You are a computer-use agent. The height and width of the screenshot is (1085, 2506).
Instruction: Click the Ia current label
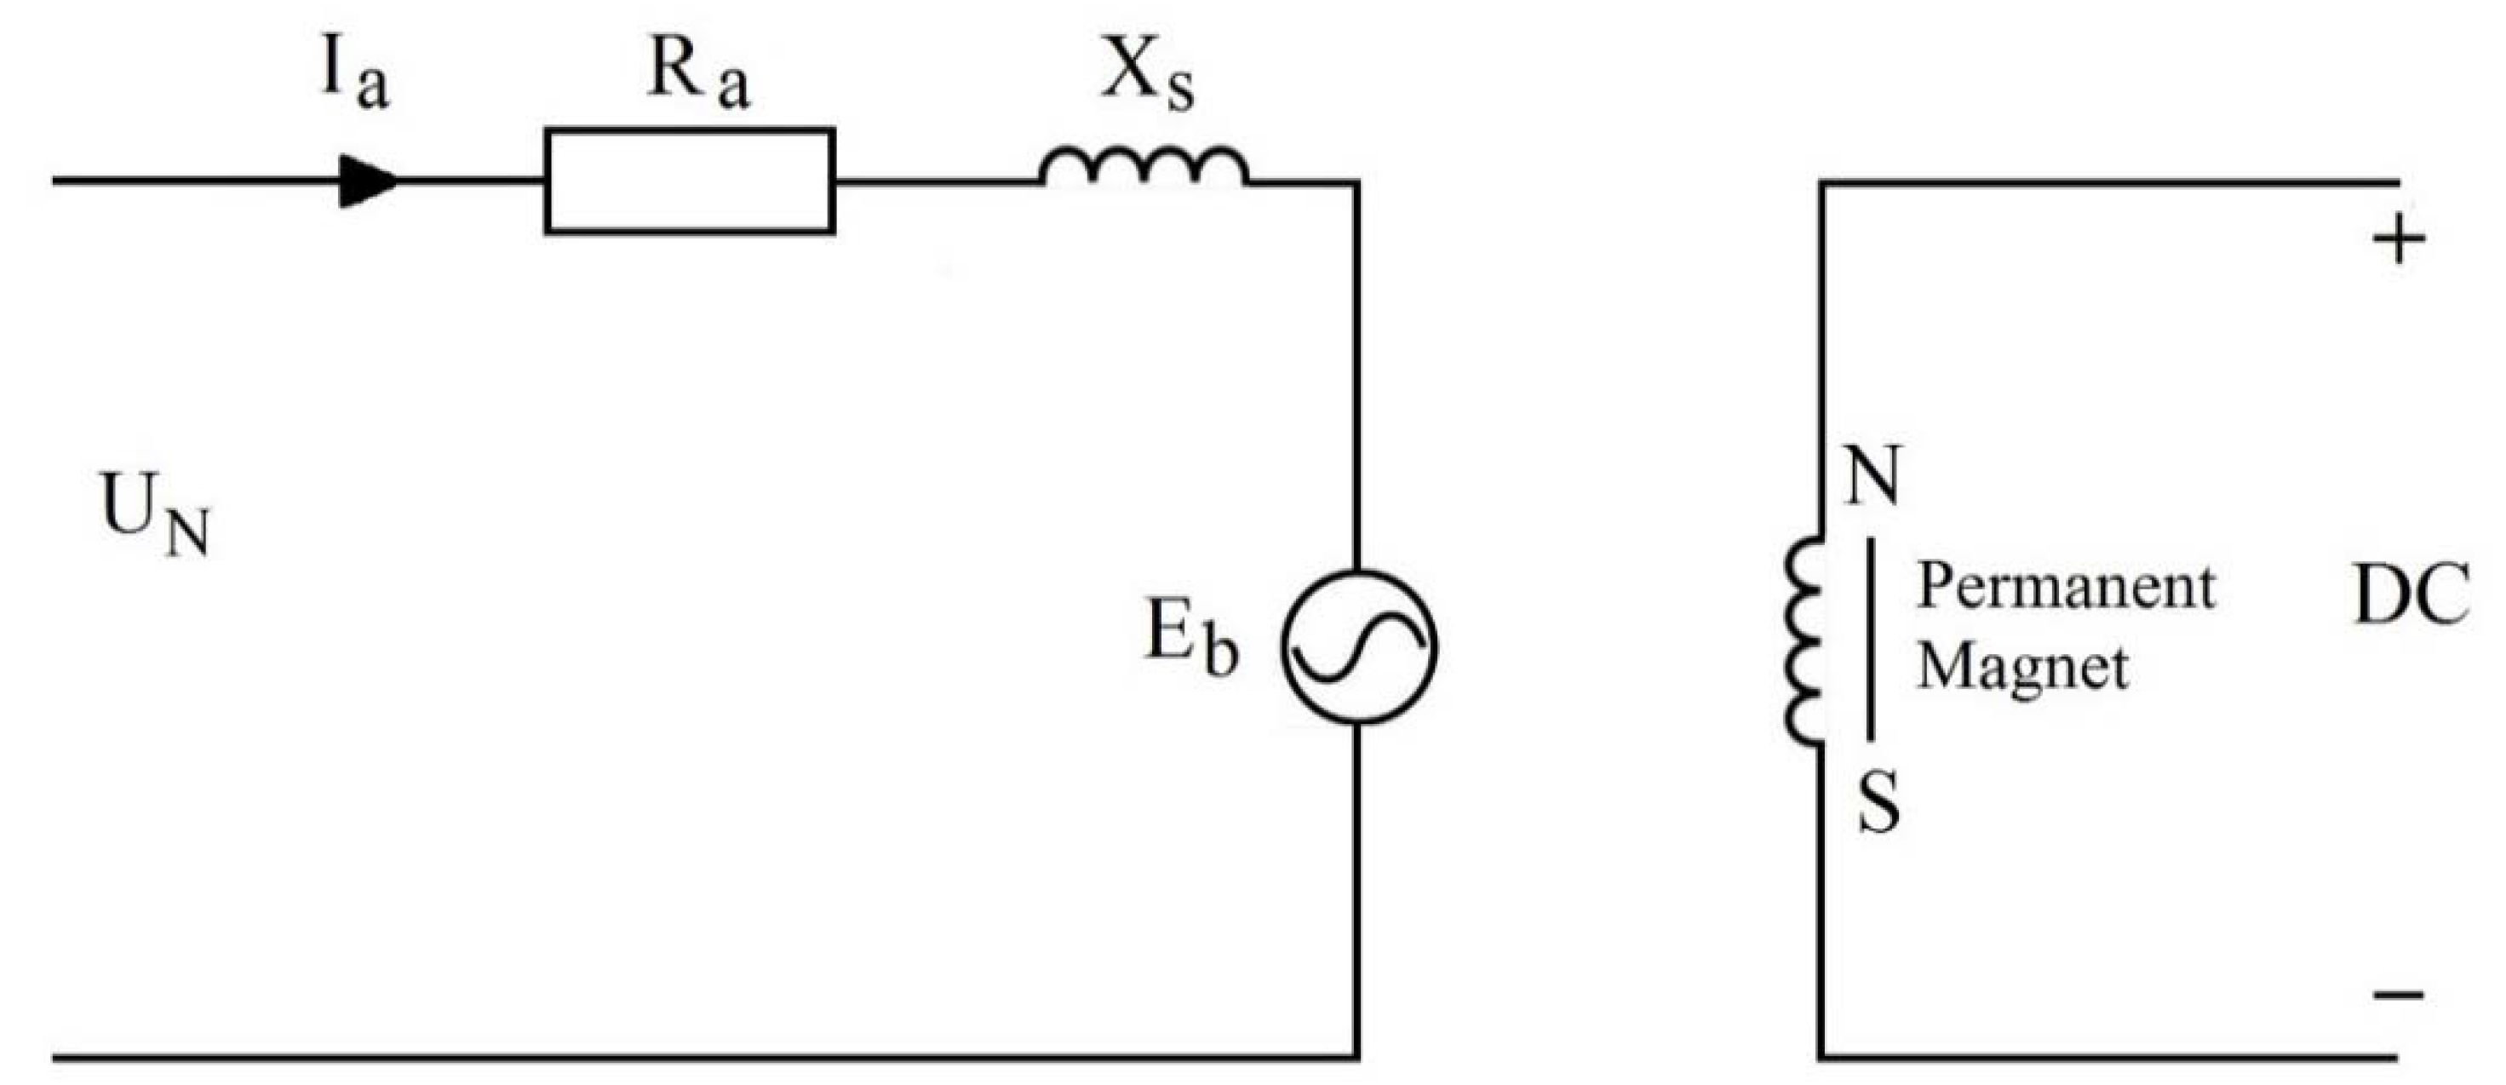tap(354, 76)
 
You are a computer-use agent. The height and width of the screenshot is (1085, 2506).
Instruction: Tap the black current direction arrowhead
tap(368, 182)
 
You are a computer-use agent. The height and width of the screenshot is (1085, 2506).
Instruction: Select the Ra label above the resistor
tap(697, 76)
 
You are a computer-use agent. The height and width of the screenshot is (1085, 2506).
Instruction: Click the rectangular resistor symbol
tap(689, 182)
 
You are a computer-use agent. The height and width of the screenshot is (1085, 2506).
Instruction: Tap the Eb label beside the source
tap(1192, 637)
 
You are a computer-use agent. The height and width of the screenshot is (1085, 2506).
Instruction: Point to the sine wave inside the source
tap(1358, 646)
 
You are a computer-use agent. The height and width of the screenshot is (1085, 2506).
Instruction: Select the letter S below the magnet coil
tap(1878, 803)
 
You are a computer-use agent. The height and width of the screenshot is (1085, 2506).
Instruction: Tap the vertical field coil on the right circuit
tap(1803, 642)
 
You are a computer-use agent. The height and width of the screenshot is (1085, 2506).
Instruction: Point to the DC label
tap(2411, 594)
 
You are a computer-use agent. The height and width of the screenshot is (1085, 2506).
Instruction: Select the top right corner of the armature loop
tap(1358, 182)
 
